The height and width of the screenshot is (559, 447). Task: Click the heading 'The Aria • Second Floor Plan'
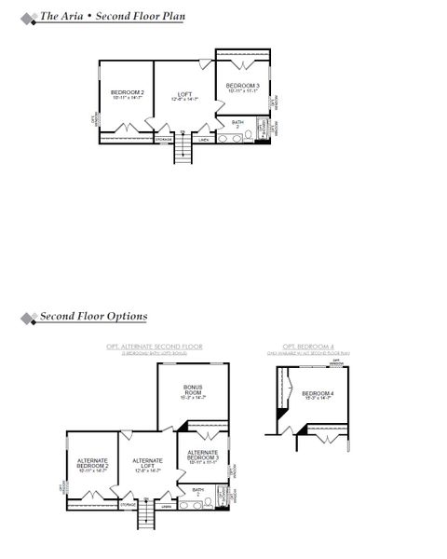tap(111, 16)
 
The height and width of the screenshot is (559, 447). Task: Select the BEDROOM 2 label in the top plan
tap(127, 94)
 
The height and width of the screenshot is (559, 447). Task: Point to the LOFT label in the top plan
tap(184, 96)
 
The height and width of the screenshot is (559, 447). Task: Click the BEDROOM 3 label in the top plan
tap(242, 88)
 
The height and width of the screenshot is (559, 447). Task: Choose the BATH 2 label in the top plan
tap(238, 123)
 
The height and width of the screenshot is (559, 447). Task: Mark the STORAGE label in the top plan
tap(162, 140)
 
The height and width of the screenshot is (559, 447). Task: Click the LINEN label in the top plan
tap(203, 140)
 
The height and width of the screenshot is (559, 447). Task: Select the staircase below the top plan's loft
tap(183, 149)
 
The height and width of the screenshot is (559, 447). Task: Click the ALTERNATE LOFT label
tap(147, 464)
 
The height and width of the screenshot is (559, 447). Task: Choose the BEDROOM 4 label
tap(318, 394)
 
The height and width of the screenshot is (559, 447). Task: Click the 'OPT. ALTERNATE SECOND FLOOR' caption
tap(154, 347)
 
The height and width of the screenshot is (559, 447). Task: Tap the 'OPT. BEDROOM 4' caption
tap(307, 347)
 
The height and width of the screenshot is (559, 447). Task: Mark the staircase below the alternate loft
tap(149, 517)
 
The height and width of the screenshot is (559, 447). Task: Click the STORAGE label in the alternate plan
tap(128, 505)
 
